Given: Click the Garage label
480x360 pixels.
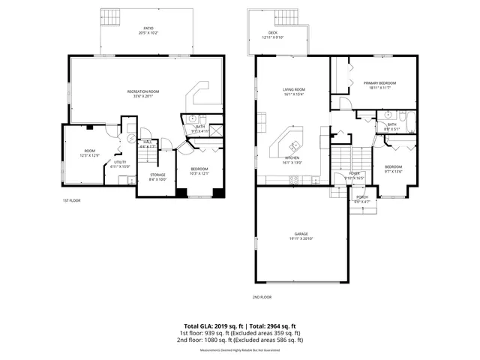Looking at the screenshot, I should click(x=301, y=235).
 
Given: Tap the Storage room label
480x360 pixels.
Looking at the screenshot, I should click(x=157, y=178).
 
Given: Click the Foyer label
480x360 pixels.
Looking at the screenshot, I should click(x=353, y=175).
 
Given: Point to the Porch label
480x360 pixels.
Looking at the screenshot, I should click(x=361, y=199).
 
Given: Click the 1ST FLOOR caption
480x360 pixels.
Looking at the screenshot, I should click(x=72, y=201).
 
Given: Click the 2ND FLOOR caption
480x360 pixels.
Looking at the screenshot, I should click(x=262, y=298).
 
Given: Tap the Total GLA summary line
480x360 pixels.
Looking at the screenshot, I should click(x=239, y=326).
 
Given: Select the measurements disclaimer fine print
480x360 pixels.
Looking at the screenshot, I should click(x=239, y=350).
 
